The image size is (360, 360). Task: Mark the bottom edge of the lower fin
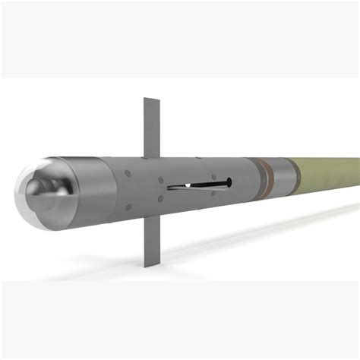coord(148,266)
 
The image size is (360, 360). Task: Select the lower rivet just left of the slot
coord(160,198)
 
